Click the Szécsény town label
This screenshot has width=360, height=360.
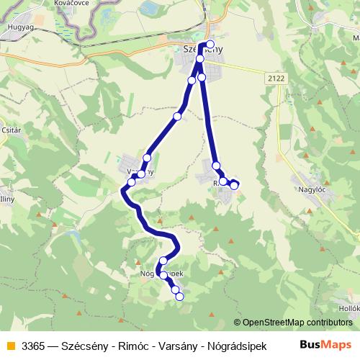click(x=199, y=49)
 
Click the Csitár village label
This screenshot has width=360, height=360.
click(x=11, y=132)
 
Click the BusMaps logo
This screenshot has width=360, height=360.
click(x=325, y=345)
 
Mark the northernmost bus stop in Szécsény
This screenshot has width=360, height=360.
click(x=210, y=44)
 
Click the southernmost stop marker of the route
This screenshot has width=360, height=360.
click(x=179, y=296)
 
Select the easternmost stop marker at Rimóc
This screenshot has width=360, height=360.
click(x=234, y=186)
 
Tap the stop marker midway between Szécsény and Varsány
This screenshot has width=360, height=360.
click(x=177, y=116)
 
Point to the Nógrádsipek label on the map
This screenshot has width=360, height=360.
click(x=161, y=274)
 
